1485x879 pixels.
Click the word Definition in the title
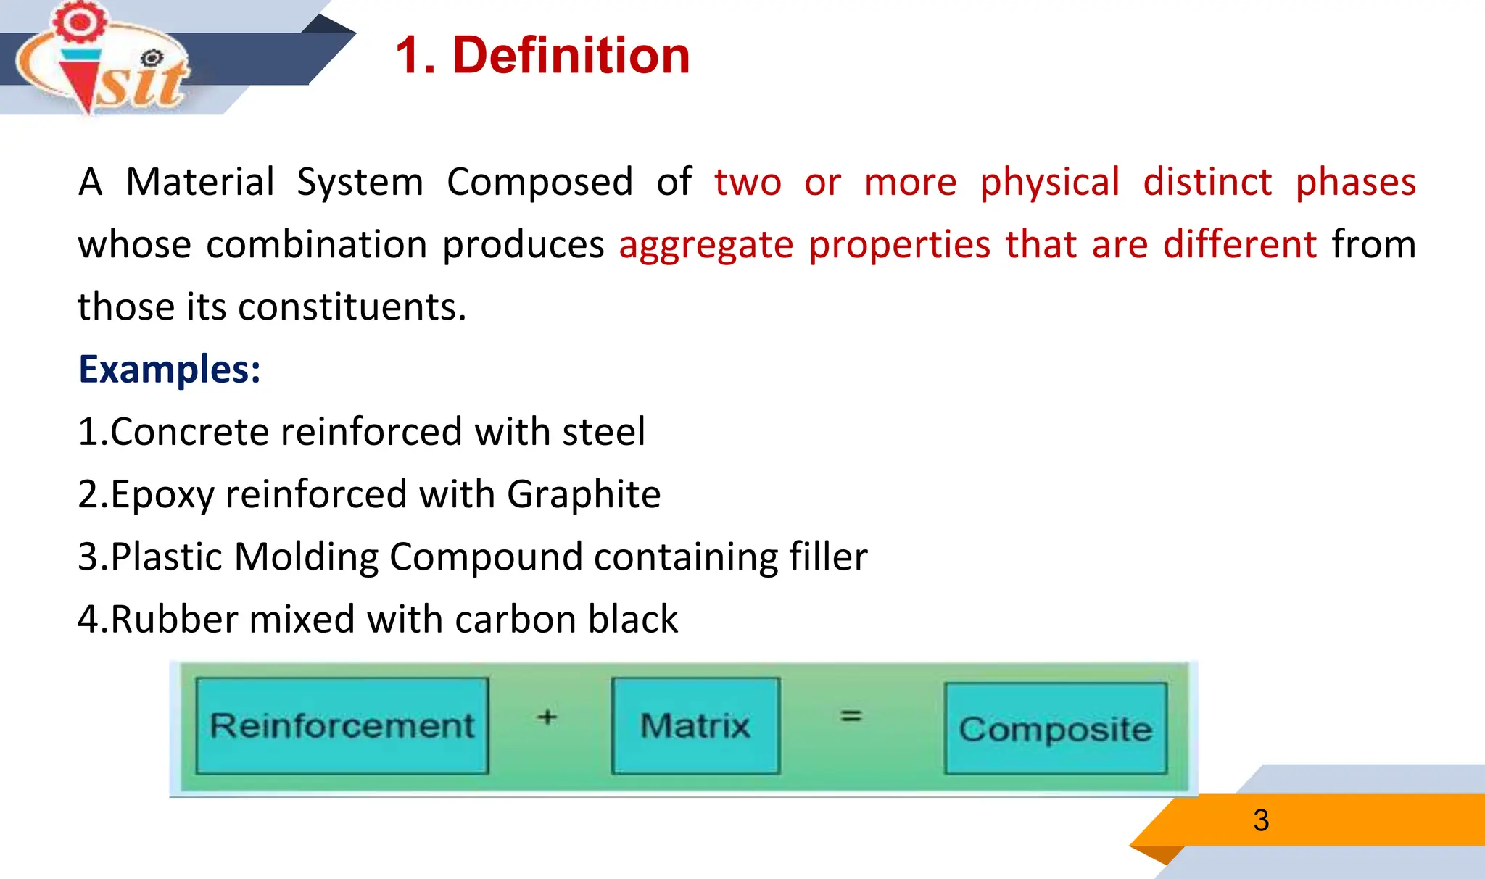point(571,56)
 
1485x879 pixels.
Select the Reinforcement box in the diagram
point(342,725)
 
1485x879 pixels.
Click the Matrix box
point(695,725)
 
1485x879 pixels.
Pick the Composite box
point(1055,728)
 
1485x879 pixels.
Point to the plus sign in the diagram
point(547,717)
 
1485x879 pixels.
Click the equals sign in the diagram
point(851,716)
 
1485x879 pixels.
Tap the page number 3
point(1261,820)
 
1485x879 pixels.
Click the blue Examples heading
point(169,370)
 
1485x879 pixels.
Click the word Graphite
point(584,495)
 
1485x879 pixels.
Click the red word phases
point(1355,182)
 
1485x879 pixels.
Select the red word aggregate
point(706,245)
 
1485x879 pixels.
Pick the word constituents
point(352,307)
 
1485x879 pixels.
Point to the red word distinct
point(1207,182)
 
